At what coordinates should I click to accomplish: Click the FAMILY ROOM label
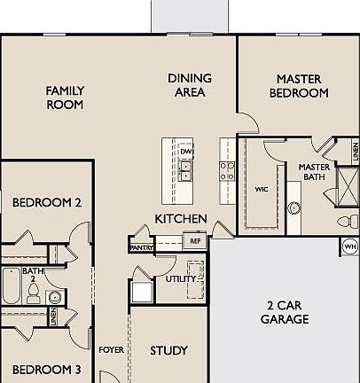pyautogui.click(x=65, y=97)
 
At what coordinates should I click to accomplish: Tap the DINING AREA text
pyautogui.click(x=189, y=85)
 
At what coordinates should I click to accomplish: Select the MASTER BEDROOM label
pyautogui.click(x=298, y=85)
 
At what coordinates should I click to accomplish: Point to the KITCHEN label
pyautogui.click(x=181, y=219)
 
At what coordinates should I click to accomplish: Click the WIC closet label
pyautogui.click(x=262, y=189)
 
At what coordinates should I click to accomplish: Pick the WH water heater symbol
pyautogui.click(x=349, y=246)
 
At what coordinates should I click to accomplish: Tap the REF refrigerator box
pyautogui.click(x=194, y=239)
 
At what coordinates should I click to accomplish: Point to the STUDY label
pyautogui.click(x=168, y=350)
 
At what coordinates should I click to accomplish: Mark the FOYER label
pyautogui.click(x=111, y=350)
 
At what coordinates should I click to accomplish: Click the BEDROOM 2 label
pyautogui.click(x=47, y=203)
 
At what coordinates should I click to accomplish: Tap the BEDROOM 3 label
pyautogui.click(x=47, y=370)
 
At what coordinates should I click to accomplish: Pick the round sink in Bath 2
pyautogui.click(x=55, y=296)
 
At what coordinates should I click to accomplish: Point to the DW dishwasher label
pyautogui.click(x=186, y=152)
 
